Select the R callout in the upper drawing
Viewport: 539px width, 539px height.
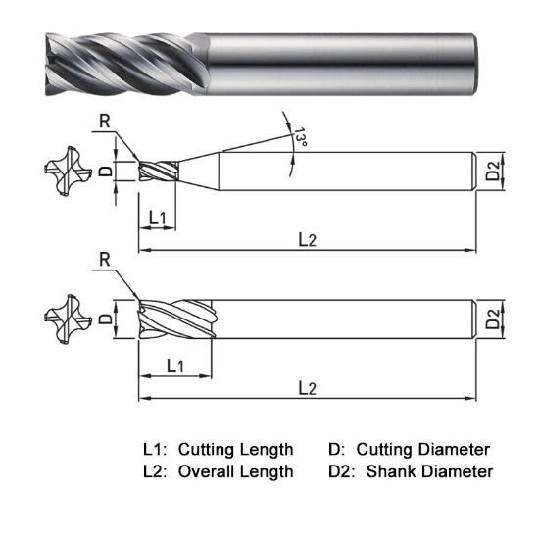(x=105, y=122)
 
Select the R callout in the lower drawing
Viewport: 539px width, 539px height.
(x=105, y=259)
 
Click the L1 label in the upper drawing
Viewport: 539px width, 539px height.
(x=160, y=217)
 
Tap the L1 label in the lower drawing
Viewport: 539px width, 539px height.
(x=176, y=366)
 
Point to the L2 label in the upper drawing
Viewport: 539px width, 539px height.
(x=308, y=239)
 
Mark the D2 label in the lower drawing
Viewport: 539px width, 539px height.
(x=494, y=318)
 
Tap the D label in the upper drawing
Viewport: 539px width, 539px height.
(x=106, y=171)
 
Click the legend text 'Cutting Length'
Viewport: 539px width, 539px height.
(x=235, y=450)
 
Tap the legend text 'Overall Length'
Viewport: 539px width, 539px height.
(x=235, y=471)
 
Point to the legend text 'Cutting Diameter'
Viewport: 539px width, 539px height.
(x=422, y=450)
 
